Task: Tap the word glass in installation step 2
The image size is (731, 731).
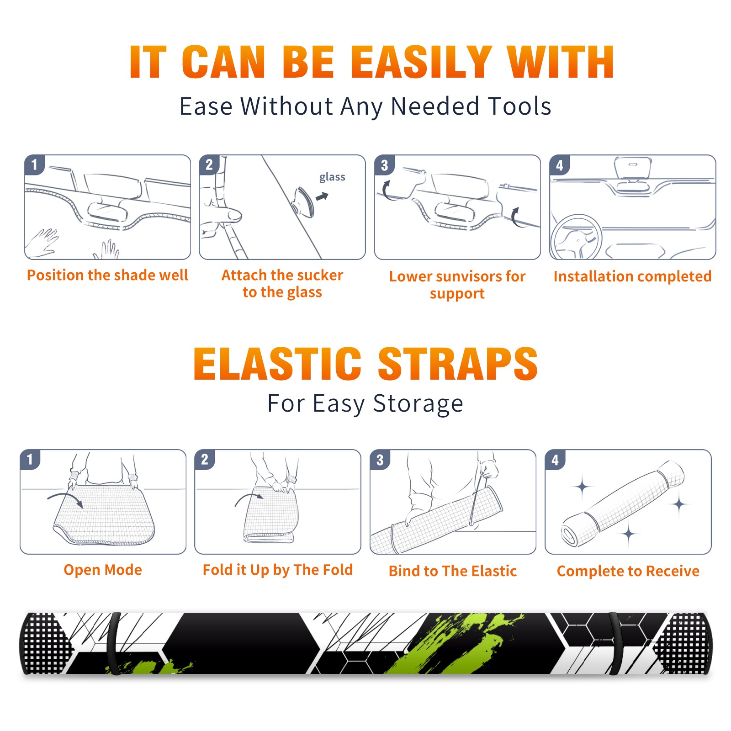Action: pos(332,177)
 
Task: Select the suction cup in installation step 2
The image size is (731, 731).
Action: pos(303,201)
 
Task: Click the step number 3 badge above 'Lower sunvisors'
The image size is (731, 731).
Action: pos(384,165)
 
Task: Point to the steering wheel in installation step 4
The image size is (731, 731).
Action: pos(577,237)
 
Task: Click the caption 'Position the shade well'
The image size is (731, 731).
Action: pos(107,275)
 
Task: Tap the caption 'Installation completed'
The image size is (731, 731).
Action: pos(632,276)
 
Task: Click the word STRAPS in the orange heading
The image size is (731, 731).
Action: pos(458,364)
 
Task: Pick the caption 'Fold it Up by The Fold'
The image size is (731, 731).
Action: pos(278,570)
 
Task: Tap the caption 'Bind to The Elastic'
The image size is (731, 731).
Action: pos(453,571)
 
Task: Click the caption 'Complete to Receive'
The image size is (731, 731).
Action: pos(628,571)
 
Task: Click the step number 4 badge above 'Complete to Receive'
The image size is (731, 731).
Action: pos(555,460)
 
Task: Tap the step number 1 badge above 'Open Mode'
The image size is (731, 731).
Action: pos(30,460)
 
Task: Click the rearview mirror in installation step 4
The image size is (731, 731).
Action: pos(633,168)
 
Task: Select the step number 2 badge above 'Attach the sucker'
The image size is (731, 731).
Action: pos(209,165)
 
